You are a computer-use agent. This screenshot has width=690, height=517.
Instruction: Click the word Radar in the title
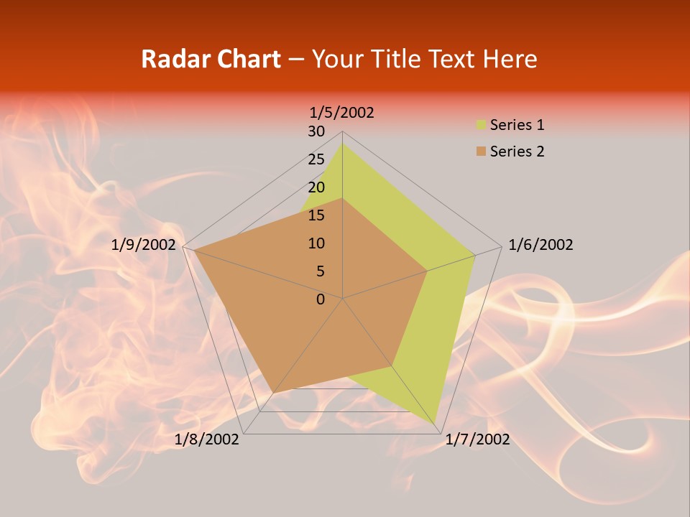(170, 59)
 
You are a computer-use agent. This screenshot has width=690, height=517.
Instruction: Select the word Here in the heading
(510, 59)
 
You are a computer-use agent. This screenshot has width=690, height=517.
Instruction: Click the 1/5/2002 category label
(342, 113)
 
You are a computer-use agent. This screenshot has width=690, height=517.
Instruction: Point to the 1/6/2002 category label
(540, 245)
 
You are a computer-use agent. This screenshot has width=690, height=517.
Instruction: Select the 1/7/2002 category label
(477, 439)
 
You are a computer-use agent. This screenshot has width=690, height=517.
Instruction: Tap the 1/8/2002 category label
(207, 439)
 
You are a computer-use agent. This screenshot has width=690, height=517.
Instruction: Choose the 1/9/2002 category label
(144, 245)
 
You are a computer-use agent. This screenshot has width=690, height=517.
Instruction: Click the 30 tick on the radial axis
(316, 131)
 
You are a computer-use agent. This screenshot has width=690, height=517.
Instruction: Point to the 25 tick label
(316, 159)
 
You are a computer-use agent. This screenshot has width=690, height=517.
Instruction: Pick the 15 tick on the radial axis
(316, 215)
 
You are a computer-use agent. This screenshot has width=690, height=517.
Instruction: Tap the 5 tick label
(320, 271)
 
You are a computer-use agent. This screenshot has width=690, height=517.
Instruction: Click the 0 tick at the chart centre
(321, 299)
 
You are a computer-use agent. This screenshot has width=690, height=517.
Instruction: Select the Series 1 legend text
(517, 125)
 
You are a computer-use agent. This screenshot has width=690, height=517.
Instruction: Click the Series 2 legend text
(517, 152)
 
